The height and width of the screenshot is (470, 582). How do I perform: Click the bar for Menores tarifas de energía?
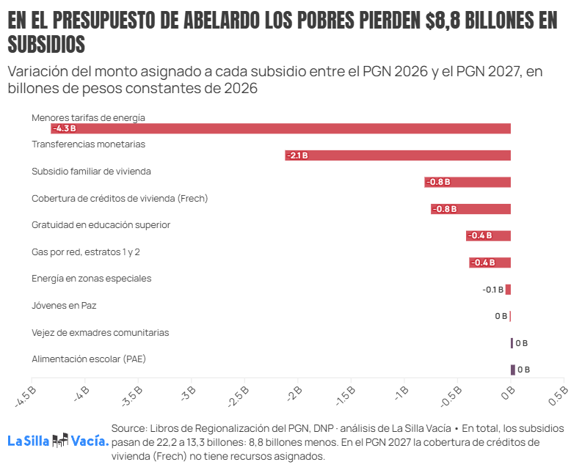tap(280, 128)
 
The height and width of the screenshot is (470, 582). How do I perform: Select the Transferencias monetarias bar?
tap(398, 155)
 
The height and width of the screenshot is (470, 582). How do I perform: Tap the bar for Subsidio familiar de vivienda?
tap(468, 182)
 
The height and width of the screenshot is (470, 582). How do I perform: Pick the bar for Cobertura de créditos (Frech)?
tap(470, 209)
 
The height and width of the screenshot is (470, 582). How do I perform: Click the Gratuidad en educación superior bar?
tap(489, 235)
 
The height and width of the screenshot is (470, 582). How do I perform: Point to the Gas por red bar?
tap(490, 262)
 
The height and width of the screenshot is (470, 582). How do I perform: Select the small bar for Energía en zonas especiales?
tap(508, 290)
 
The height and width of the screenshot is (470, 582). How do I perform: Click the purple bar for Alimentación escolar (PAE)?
tap(513, 370)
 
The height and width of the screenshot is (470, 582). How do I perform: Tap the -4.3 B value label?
tap(65, 129)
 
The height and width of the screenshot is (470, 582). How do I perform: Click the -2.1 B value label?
tap(298, 155)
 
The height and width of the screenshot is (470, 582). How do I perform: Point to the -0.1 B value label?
tap(493, 290)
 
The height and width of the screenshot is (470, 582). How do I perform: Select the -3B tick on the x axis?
tap(188, 393)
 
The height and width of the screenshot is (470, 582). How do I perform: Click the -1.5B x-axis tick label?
tap(346, 396)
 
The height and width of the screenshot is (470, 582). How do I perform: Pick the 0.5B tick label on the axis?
tap(559, 395)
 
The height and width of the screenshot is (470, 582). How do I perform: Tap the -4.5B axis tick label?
tap(26, 397)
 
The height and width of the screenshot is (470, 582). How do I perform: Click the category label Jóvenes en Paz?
tap(64, 306)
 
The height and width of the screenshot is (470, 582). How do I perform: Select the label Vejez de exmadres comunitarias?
tap(101, 333)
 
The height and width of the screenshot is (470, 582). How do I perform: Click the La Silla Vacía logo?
tap(58, 441)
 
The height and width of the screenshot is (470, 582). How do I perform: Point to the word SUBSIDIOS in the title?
tap(46, 44)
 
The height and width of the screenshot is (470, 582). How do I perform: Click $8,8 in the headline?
tap(443, 20)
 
